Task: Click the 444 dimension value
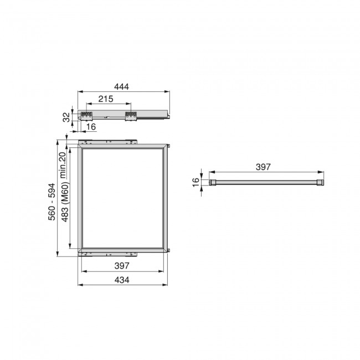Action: pyautogui.click(x=122, y=87)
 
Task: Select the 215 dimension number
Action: pyautogui.click(x=106, y=99)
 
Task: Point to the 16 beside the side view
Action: pyautogui.click(x=91, y=127)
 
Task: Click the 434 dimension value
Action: pyautogui.click(x=122, y=280)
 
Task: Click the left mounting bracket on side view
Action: pyautogui.click(x=86, y=116)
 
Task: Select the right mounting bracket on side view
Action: pyautogui.click(x=131, y=116)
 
